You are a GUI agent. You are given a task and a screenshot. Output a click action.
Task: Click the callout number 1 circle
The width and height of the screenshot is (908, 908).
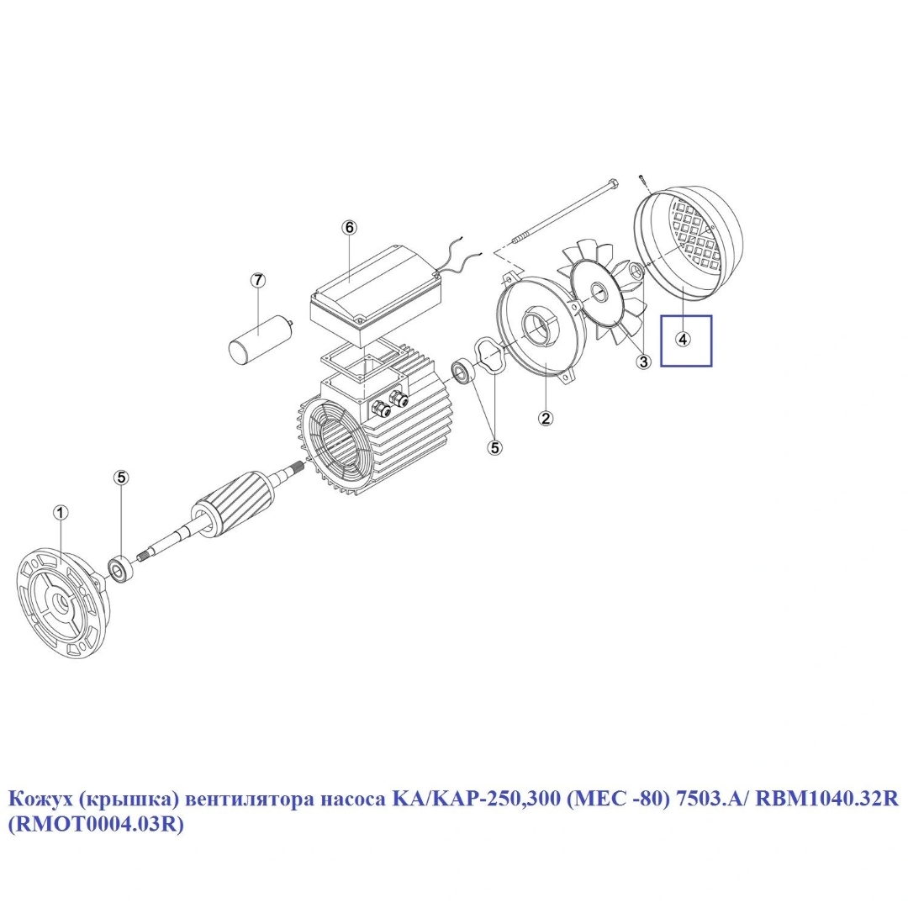point(61,513)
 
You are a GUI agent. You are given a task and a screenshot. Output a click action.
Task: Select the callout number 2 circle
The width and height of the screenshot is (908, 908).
point(546,418)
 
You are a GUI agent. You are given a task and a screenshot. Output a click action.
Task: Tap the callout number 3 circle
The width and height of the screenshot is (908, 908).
point(643,362)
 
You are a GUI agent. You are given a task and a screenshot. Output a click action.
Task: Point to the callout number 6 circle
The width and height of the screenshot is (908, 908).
point(349,228)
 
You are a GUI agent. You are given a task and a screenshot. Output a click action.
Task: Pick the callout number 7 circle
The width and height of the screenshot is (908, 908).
point(258,280)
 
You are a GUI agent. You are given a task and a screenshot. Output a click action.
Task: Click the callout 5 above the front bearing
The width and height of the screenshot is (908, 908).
point(121,478)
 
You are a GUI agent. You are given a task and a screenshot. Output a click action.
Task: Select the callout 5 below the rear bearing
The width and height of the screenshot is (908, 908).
point(495,446)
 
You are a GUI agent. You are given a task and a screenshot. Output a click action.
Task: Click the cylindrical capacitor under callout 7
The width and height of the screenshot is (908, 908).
point(261,338)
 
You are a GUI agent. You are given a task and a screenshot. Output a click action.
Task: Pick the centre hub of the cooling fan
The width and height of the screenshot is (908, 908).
point(596,293)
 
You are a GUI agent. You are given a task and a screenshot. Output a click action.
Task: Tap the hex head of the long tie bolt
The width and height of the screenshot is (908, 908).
point(613,185)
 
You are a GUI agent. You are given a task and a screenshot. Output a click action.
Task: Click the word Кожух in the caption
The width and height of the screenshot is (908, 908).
point(40,800)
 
